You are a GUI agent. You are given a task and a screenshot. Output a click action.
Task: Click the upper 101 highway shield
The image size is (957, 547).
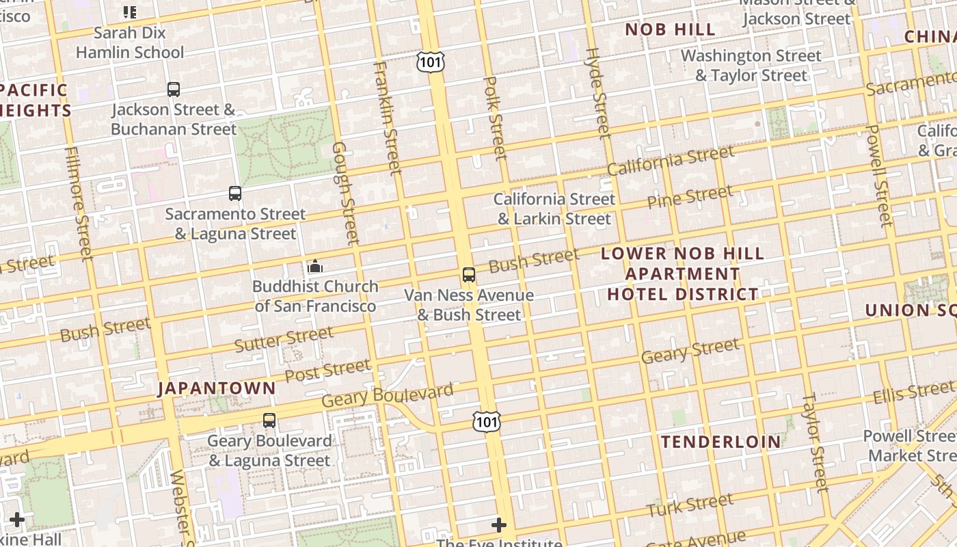431,62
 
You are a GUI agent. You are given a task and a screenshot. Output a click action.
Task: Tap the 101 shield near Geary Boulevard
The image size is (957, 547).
486,421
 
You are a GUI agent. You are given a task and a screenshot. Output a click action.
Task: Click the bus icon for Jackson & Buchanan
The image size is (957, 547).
174,89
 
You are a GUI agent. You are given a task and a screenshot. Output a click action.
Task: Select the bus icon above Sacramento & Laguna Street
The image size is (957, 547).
235,194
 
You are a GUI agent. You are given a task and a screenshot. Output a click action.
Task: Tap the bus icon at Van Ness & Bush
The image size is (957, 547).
469,275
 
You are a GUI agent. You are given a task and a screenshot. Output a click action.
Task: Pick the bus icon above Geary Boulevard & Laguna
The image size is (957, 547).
269,421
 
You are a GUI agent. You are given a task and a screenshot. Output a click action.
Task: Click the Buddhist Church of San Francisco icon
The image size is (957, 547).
315,266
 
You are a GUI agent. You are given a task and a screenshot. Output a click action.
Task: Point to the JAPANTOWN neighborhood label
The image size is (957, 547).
217,388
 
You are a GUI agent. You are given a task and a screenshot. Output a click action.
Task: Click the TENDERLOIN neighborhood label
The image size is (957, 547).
721,442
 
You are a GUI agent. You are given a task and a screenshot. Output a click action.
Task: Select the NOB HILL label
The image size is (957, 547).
671,29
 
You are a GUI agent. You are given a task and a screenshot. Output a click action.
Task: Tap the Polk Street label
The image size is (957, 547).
495,118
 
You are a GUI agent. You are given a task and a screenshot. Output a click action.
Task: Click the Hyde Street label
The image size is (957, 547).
597,92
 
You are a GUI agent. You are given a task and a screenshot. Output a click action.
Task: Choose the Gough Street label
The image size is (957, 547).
345,193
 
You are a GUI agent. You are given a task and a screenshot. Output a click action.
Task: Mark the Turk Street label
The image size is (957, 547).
690,505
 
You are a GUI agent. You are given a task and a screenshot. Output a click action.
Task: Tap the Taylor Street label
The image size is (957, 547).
815,442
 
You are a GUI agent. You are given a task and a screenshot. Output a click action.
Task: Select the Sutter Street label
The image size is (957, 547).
284,339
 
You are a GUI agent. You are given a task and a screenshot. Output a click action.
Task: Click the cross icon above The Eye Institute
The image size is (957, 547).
499,525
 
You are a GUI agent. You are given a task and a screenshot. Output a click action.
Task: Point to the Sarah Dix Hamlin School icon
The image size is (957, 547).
129,12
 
